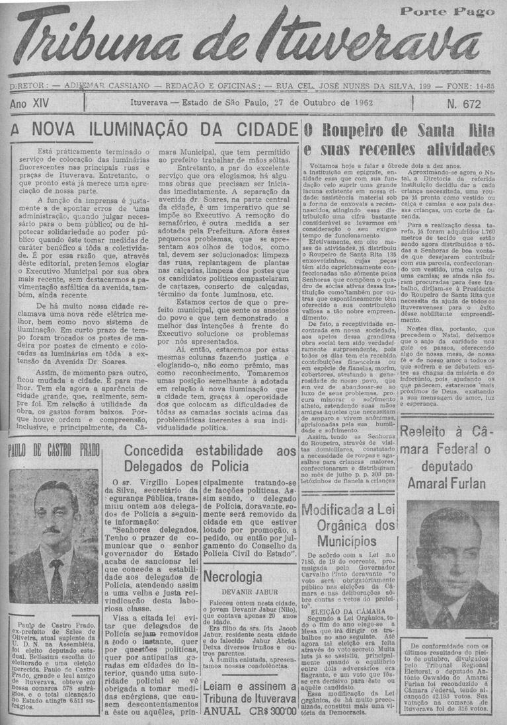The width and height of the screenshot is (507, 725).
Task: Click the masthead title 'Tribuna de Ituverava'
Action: point(254,41)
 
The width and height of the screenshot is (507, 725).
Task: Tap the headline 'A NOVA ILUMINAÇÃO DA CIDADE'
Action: point(151,129)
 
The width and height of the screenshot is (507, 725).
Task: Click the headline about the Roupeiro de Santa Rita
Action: point(401,139)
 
